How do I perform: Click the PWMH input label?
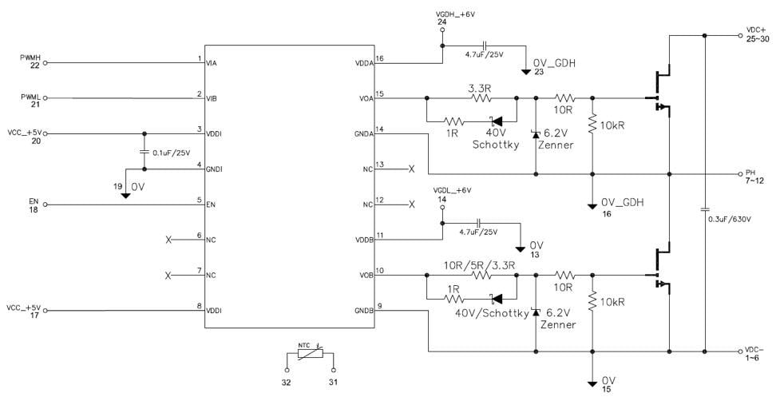30,58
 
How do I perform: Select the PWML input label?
30,97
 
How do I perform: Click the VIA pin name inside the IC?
212,63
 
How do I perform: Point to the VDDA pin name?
361,63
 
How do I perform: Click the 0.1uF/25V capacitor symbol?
144,151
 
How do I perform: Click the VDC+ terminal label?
755,30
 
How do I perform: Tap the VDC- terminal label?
754,350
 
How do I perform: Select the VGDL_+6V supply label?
453,190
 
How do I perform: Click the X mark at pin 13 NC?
411,169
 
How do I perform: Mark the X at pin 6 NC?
168,240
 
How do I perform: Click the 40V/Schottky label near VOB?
492,314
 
